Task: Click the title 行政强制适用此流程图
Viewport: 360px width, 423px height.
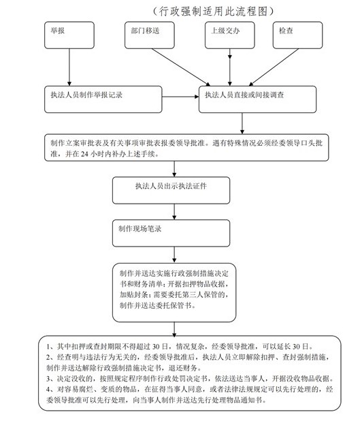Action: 213,11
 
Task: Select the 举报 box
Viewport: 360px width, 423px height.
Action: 69,35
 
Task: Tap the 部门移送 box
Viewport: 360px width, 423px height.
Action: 150,35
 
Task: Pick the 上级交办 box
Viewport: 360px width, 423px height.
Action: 230,35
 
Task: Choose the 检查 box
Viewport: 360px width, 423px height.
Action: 298,35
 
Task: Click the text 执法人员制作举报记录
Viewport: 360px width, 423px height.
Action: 86,95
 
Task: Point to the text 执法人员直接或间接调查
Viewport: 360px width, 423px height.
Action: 244,95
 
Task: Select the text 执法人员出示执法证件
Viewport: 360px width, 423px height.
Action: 171,186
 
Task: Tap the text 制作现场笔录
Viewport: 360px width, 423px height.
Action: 140,229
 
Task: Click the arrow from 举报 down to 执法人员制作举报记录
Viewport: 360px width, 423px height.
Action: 69,67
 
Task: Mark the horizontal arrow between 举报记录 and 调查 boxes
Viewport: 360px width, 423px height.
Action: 180,97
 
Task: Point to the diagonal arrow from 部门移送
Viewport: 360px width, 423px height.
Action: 181,67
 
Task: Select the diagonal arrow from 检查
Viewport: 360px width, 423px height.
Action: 274,67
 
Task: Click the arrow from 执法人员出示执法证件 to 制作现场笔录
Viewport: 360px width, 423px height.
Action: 174,212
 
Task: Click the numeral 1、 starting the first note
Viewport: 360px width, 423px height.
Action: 50,347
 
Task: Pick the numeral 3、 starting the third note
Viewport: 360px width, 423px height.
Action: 50,379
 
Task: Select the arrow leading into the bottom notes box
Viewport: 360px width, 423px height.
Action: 174,330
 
